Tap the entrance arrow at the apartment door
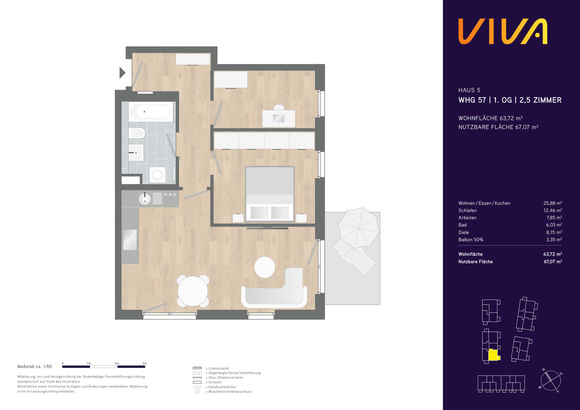pyautogui.click(x=122, y=73)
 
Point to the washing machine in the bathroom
pyautogui.click(x=157, y=175)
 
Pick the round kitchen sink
pyautogui.click(x=145, y=198)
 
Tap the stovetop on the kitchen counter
pyautogui.click(x=130, y=240)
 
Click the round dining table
pyautogui.click(x=193, y=291)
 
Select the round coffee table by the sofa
pyautogui.click(x=265, y=267)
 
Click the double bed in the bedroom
pyautogui.click(x=270, y=194)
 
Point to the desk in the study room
pyautogui.click(x=278, y=118)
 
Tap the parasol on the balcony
pyautogui.click(x=359, y=227)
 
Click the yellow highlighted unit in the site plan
pyautogui.click(x=494, y=355)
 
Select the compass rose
pyautogui.click(x=551, y=381)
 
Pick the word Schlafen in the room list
pyautogui.click(x=467, y=211)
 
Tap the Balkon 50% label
pyautogui.click(x=471, y=240)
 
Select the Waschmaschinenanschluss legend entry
pyautogui.click(x=230, y=392)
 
